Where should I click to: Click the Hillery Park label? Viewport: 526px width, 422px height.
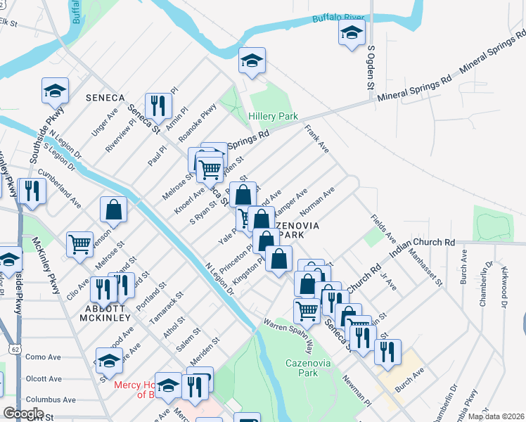point(273,116)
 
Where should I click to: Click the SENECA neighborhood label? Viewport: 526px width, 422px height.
point(105,97)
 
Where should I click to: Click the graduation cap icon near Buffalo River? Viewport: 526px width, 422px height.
point(352,32)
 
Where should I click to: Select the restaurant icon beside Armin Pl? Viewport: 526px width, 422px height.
point(158,105)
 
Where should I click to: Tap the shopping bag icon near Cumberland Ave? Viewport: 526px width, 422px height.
point(113,209)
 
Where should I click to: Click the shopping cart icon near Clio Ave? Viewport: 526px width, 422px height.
point(79,244)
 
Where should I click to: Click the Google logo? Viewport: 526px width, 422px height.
point(23,414)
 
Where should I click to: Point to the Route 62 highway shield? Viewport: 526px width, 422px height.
point(15,348)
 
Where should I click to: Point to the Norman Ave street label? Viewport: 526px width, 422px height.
point(316,203)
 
